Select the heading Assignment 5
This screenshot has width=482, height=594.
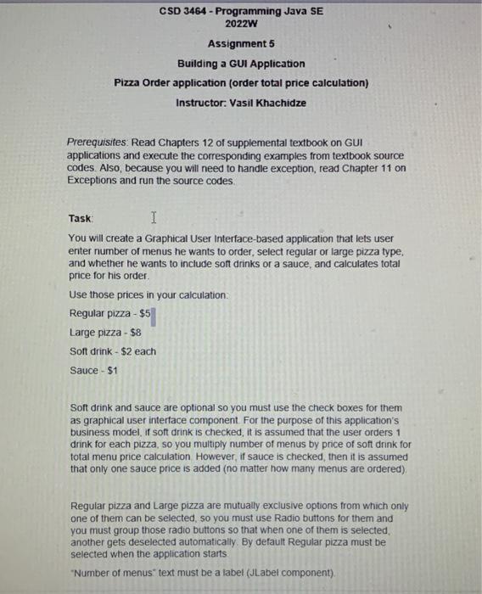tap(242, 44)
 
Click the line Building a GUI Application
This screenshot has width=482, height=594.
tap(241, 64)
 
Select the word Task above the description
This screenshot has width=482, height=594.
tap(81, 218)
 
